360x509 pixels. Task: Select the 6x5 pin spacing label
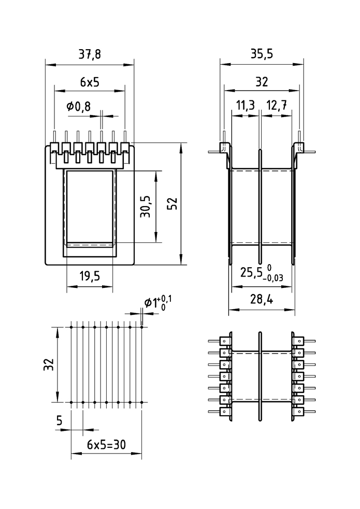coord(90,81)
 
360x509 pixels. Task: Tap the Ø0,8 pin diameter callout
coord(79,107)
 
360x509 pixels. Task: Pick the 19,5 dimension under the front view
coord(90,276)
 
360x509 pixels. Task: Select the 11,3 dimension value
coord(245,106)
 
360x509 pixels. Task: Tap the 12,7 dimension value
coord(277,106)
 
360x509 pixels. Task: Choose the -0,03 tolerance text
coord(273,278)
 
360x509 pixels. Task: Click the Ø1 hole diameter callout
coord(151,303)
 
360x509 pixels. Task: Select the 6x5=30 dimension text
coord(107,444)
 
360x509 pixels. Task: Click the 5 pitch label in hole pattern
coord(60,421)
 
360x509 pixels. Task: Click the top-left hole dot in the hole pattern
coord(71,327)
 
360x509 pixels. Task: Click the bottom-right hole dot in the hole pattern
coord(142,402)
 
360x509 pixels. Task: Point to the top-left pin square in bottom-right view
coord(225,341)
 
